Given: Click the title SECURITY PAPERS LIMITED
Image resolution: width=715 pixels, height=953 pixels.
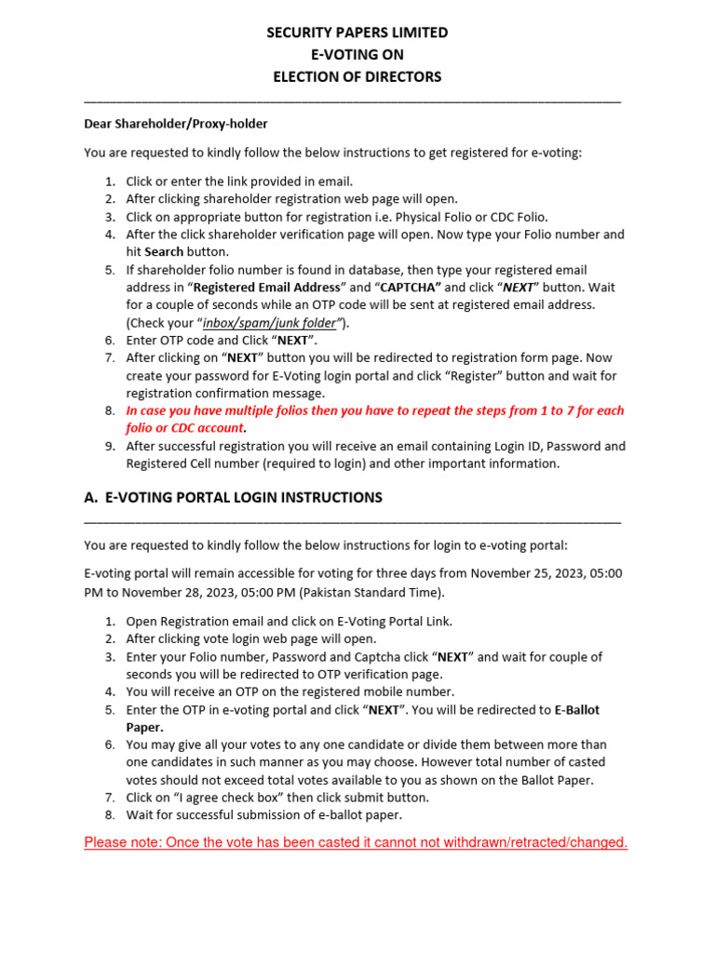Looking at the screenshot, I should (357, 33).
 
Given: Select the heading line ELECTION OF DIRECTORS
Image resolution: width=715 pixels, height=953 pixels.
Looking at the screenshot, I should (357, 77).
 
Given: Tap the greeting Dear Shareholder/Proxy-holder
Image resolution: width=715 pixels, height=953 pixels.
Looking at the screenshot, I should (176, 123).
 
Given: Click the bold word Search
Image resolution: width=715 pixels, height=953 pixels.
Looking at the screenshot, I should (163, 252).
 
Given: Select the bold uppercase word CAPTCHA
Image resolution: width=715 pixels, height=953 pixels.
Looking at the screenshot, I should (409, 288).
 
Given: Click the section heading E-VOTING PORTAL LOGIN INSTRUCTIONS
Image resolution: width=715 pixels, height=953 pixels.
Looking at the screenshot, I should (243, 498).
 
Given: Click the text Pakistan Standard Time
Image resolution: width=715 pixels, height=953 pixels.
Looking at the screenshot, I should (370, 592).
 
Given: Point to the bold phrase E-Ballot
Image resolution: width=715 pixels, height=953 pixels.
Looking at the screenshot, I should (577, 710).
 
